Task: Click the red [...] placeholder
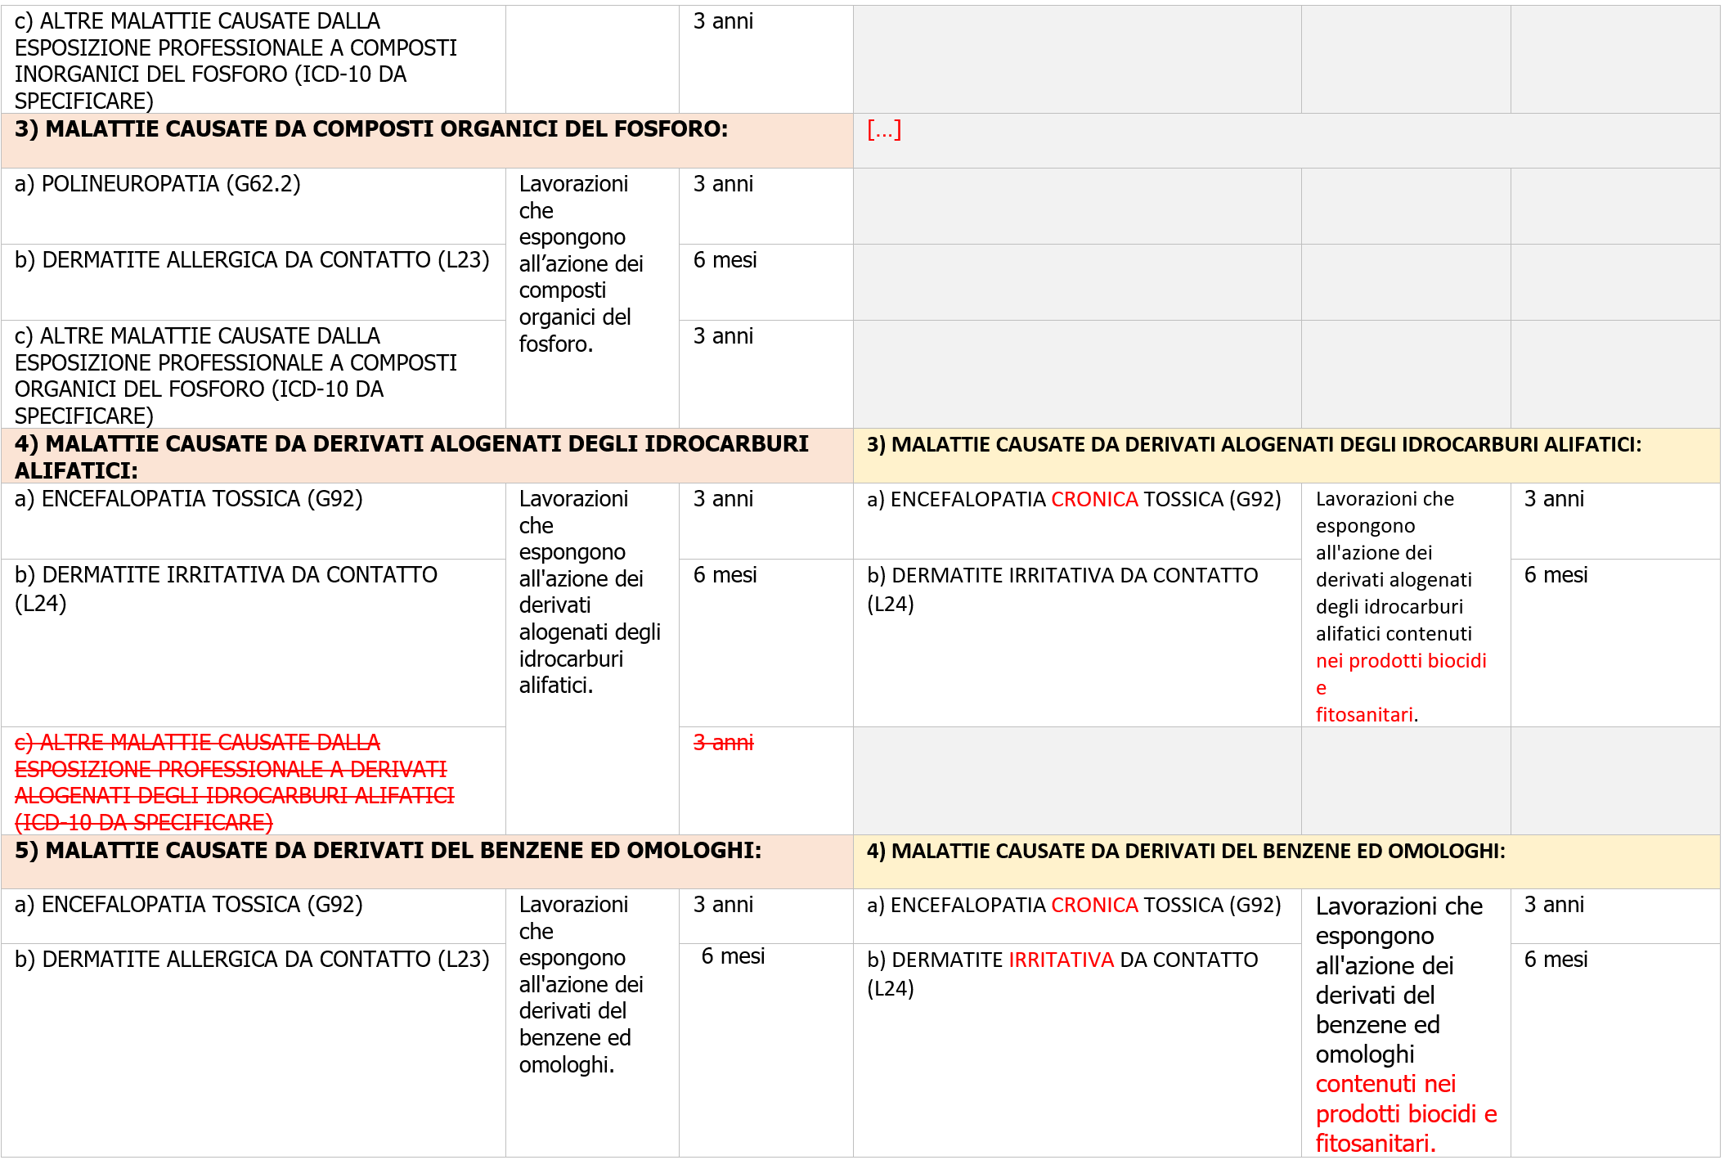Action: (884, 130)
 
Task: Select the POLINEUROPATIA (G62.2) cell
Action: (157, 184)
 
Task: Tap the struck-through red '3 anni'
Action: (723, 743)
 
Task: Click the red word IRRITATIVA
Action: (1061, 960)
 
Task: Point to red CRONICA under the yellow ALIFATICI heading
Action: (1094, 499)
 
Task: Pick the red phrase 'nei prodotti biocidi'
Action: (1401, 661)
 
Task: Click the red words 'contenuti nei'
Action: (1385, 1084)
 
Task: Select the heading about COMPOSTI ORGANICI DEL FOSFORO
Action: (371, 129)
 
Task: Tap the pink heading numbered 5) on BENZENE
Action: (388, 851)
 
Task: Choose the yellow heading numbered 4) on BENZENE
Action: (1186, 852)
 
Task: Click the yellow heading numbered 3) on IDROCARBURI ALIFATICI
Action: (1254, 445)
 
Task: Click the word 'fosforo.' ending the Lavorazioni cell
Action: (556, 344)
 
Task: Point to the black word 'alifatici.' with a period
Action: (556, 686)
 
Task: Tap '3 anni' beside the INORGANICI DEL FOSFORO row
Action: (723, 21)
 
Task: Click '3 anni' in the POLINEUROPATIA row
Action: (723, 184)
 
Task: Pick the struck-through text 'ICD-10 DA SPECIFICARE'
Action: (144, 823)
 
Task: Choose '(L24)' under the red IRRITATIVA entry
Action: (890, 988)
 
